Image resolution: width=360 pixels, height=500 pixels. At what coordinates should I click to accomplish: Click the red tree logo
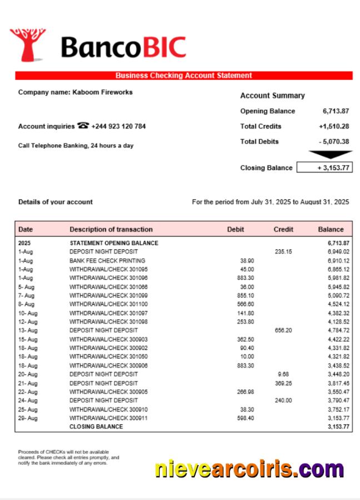coord(27,44)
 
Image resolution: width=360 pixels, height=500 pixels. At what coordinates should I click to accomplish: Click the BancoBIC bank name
coord(123,47)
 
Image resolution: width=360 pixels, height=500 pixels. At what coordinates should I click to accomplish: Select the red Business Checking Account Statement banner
coord(183,76)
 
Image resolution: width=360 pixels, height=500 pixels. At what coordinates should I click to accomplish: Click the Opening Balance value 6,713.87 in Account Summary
coord(336,111)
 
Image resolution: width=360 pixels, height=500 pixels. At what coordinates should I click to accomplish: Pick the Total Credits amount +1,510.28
coord(333,126)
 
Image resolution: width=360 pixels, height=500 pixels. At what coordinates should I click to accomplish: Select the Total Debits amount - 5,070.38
coord(334,142)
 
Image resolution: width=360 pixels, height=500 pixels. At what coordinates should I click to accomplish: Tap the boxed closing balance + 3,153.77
coord(324,168)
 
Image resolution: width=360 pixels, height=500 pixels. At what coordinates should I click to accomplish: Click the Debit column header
coord(236,229)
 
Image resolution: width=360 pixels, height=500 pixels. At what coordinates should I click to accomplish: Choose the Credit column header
coord(283,229)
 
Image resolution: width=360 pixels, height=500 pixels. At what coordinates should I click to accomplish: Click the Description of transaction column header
coord(111,229)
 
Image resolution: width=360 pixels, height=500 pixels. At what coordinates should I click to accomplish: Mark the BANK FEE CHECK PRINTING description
coord(107,261)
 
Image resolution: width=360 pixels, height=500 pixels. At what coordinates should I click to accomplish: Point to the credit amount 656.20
coord(283,330)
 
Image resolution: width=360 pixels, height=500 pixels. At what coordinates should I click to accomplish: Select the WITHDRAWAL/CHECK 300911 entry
coord(108,418)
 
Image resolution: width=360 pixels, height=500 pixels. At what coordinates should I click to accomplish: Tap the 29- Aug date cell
coord(28,418)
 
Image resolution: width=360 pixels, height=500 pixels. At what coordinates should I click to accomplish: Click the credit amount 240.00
coord(283,400)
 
